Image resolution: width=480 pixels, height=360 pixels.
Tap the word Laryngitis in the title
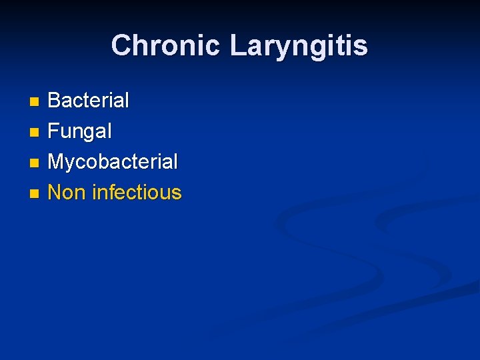pos(298,46)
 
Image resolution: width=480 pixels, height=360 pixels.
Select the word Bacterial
pos(89,101)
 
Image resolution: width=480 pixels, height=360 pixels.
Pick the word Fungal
pos(80,131)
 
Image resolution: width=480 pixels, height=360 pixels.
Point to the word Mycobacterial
pos(113,162)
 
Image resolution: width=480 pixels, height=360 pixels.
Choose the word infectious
pos(137,193)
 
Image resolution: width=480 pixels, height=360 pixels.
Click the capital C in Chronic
pos(121,46)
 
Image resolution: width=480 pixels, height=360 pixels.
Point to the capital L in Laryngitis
pos(237,46)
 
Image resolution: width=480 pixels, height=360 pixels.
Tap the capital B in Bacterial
pos(55,101)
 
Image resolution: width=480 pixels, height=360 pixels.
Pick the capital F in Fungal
pos(54,131)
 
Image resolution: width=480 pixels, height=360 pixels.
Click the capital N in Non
pos(55,193)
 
